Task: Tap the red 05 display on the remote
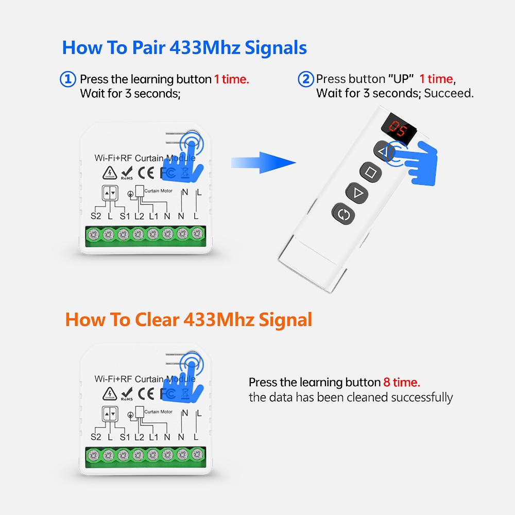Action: pos(398,126)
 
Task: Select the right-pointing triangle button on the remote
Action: pos(357,193)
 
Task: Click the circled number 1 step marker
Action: pos(68,79)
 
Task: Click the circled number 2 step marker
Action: pos(306,79)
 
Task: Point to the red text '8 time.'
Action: pos(402,383)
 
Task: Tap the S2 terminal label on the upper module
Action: pos(96,216)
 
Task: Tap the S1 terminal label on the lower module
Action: pos(124,437)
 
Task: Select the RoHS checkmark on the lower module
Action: pos(127,393)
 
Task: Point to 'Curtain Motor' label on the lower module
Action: pos(158,412)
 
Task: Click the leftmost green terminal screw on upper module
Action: pos(94,235)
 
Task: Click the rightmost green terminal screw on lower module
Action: pos(196,455)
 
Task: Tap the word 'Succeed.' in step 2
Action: pos(449,94)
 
